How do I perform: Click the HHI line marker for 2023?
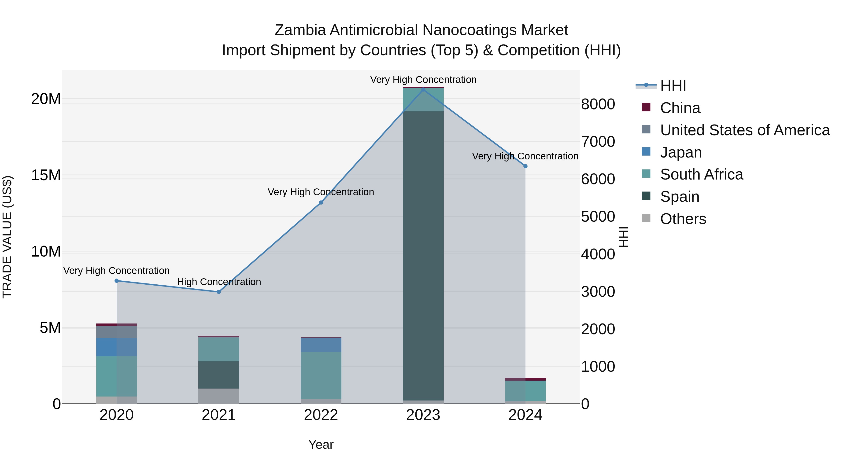point(423,89)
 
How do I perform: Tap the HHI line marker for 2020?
point(117,281)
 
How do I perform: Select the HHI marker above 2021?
point(219,292)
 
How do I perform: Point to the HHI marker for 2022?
point(321,202)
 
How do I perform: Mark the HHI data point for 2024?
point(525,166)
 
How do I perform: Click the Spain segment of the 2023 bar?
point(423,255)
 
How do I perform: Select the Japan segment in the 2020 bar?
point(117,347)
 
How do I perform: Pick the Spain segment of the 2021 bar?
point(219,375)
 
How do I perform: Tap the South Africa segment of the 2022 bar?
point(321,375)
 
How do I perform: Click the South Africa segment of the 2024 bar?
point(525,391)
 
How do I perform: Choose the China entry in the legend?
point(680,108)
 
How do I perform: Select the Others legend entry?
point(683,219)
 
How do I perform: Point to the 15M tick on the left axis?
point(46,175)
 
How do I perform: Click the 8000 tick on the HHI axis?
point(598,104)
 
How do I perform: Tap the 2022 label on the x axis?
point(321,415)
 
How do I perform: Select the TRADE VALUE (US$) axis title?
point(7,237)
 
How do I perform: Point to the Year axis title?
point(321,445)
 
